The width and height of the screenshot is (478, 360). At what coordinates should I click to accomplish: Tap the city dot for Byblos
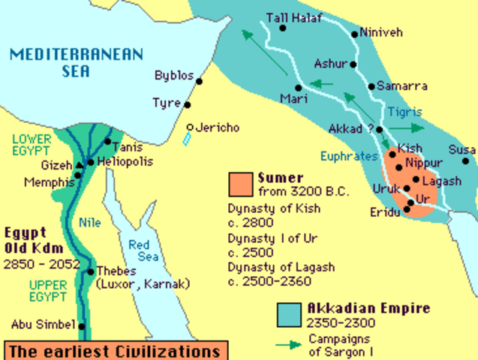coord(200,76)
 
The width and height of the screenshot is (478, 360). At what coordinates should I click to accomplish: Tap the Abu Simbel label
coord(43,325)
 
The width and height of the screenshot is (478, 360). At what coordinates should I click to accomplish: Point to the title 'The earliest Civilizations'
coord(113,350)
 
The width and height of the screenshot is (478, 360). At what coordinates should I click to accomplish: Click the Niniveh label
coord(380,33)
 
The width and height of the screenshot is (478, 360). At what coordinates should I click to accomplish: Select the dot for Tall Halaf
coord(283,28)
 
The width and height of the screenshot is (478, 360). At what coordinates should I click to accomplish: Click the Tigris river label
coord(405,112)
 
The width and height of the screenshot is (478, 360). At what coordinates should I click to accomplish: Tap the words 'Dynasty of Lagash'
coord(281,266)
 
